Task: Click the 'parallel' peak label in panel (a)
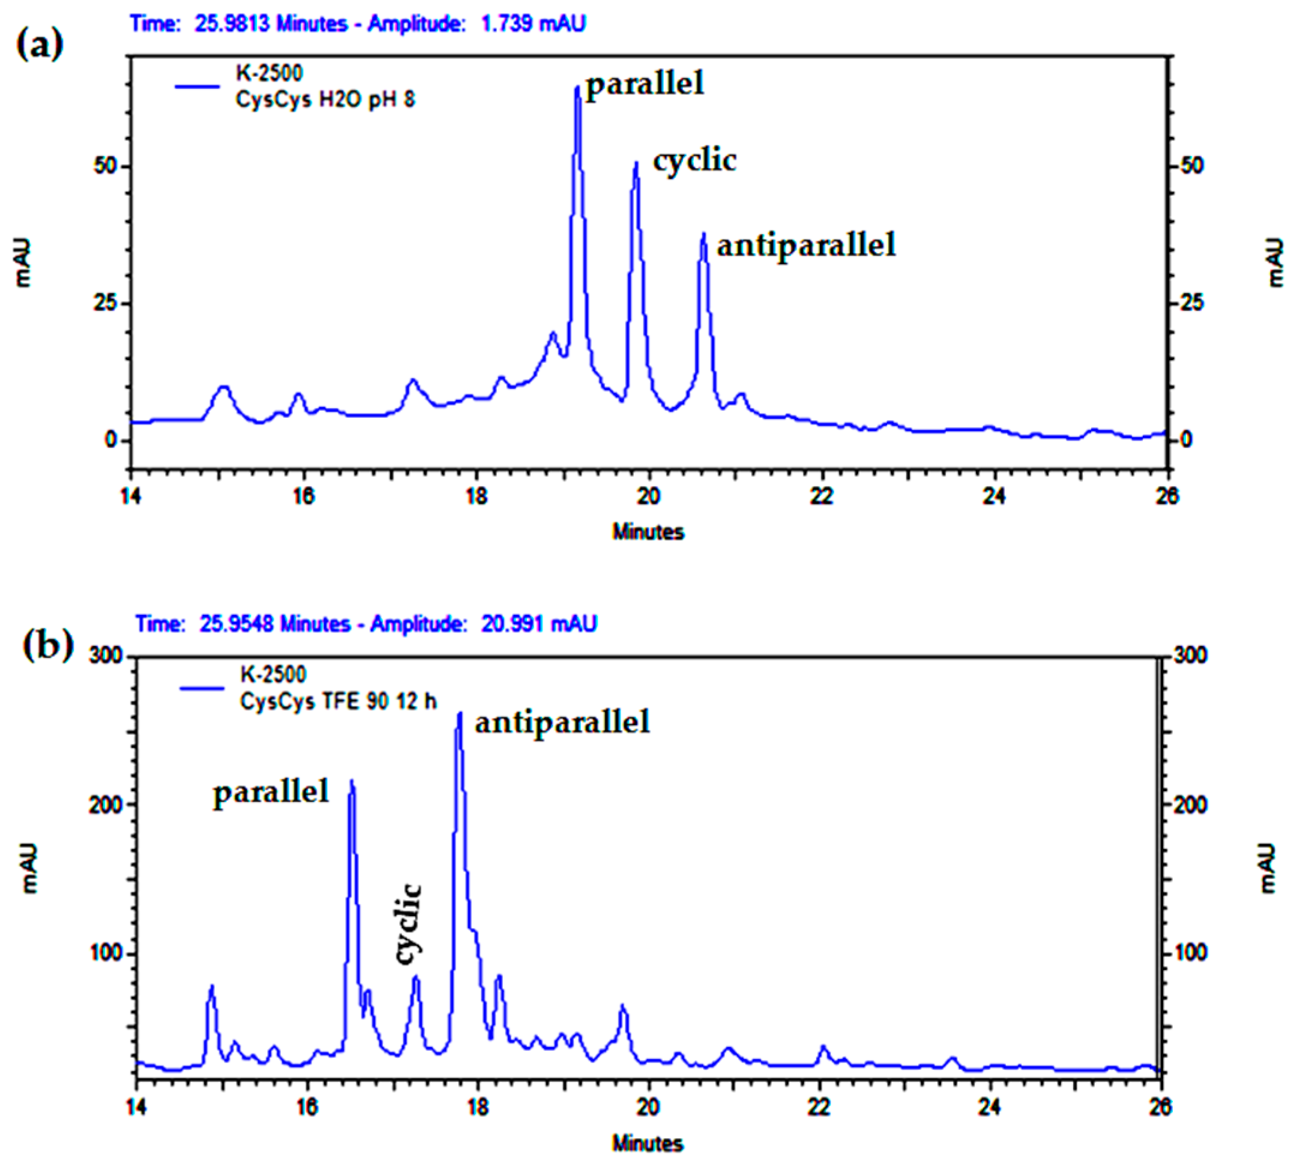pyautogui.click(x=645, y=83)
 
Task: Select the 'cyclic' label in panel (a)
pyautogui.click(x=694, y=160)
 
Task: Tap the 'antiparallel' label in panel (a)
pyautogui.click(x=806, y=245)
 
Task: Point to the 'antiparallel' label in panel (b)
pyautogui.click(x=562, y=722)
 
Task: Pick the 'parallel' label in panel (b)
pyautogui.click(x=271, y=792)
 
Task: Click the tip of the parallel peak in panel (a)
pyautogui.click(x=577, y=87)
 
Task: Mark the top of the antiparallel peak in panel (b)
pyautogui.click(x=460, y=714)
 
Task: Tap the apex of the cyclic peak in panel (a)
pyautogui.click(x=636, y=163)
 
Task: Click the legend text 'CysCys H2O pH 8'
pyautogui.click(x=325, y=100)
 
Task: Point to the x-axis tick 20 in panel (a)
pyautogui.click(x=649, y=496)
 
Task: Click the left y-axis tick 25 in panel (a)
pyautogui.click(x=106, y=303)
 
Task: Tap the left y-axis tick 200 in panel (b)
pyautogui.click(x=105, y=804)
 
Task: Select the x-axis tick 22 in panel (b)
pyautogui.click(x=820, y=1106)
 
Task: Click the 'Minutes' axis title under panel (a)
pyautogui.click(x=648, y=532)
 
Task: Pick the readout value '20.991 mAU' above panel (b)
pyautogui.click(x=539, y=624)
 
